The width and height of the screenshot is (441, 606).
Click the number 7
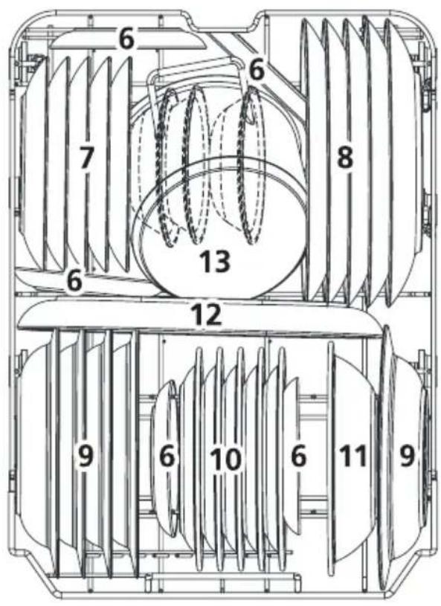(x=86, y=158)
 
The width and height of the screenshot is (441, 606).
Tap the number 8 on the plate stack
(x=345, y=158)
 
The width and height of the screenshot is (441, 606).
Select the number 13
(x=215, y=261)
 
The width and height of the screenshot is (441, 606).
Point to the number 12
(x=208, y=314)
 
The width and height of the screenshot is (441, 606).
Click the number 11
(x=353, y=456)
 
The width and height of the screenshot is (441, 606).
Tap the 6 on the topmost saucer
(x=126, y=38)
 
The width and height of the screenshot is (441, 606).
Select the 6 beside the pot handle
(x=257, y=70)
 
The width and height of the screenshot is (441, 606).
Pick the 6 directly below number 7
(x=74, y=281)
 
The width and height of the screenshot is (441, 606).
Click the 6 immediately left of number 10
(x=167, y=456)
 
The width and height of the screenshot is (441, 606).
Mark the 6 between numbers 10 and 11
(x=298, y=456)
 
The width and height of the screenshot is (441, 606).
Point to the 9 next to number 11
(x=407, y=455)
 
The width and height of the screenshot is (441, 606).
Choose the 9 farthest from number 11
(x=86, y=456)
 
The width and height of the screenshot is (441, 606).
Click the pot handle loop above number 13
(x=193, y=65)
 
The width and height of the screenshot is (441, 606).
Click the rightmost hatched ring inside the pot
(x=252, y=167)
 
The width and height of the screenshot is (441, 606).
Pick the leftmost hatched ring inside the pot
(x=167, y=168)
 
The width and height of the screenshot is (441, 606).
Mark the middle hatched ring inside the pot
(x=196, y=165)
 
